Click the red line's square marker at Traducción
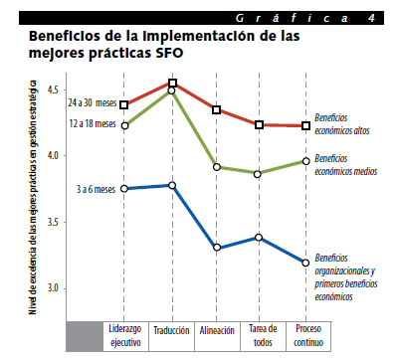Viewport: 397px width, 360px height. point(172,83)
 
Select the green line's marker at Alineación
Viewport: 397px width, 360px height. point(217,167)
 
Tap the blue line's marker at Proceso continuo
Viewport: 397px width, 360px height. point(305,263)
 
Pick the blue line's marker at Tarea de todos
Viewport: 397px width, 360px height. point(259,237)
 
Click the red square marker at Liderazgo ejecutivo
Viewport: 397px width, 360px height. point(124,105)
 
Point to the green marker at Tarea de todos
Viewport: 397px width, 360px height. point(258,174)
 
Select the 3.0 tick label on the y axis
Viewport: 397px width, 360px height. point(53,287)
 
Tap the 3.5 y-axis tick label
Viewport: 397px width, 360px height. point(53,222)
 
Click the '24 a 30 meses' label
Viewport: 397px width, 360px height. point(93,102)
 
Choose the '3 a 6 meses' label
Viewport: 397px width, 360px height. point(96,189)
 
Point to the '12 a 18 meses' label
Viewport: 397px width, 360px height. point(93,123)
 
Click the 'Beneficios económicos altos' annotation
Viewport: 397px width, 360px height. point(342,124)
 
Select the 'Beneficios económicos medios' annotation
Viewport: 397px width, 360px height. point(346,165)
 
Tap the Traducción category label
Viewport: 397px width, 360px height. point(171,330)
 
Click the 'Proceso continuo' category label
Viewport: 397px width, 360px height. point(308,335)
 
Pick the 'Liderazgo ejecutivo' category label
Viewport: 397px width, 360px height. point(125,335)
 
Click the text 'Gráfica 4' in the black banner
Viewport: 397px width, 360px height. point(305,18)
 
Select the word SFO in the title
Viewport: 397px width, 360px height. point(168,53)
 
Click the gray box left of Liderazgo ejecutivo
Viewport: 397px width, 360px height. point(85,336)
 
